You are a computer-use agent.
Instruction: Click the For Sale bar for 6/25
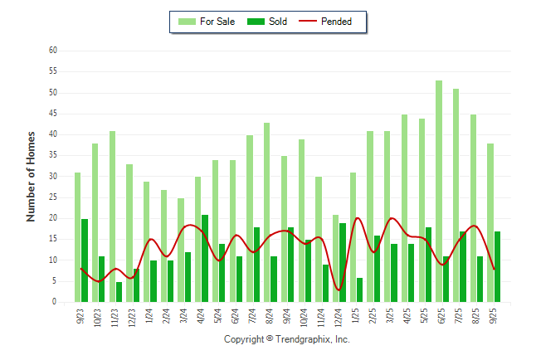438,191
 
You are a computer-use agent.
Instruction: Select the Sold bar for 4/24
205,258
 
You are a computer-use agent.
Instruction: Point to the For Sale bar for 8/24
266,212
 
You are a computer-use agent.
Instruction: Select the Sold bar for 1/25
360,289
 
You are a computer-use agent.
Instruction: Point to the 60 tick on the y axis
52,51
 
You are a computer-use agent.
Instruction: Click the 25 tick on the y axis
52,197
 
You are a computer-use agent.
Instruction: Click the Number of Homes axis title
31,176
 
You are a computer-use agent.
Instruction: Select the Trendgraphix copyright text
287,339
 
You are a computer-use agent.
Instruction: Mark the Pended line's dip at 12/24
339,289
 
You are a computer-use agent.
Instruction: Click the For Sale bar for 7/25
456,195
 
